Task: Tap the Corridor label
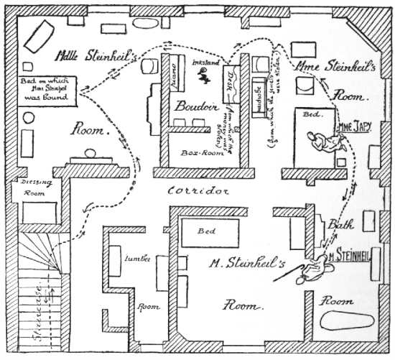[x=199, y=191]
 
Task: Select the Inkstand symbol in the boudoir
[x=206, y=79]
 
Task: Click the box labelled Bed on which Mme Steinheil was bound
[x=45, y=87]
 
